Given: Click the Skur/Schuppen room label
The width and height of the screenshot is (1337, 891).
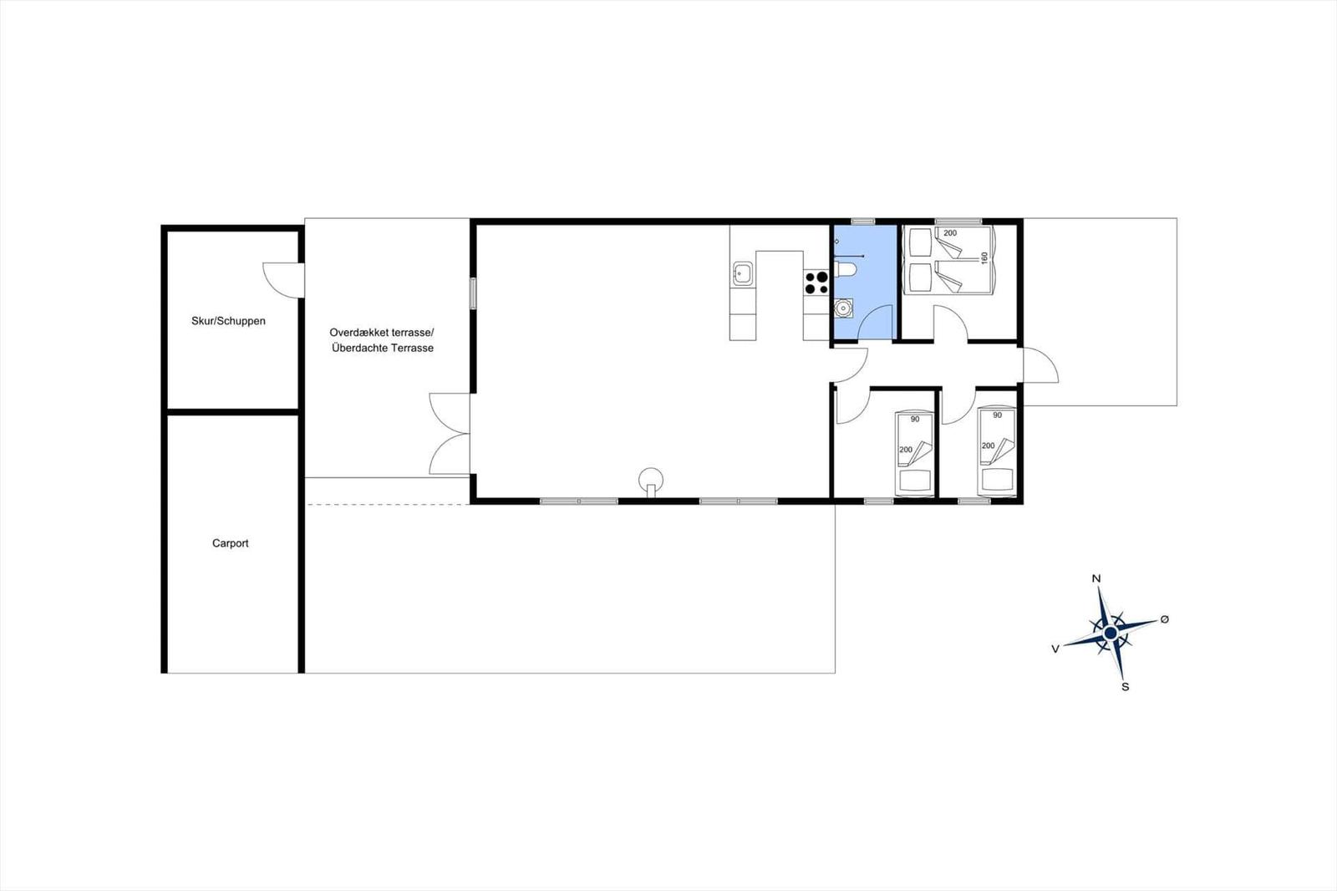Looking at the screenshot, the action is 228,321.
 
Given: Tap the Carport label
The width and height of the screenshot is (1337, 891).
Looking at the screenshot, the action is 230,543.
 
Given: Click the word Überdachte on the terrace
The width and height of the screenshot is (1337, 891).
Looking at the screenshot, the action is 357,349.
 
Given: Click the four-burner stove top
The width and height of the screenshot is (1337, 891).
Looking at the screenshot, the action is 816,283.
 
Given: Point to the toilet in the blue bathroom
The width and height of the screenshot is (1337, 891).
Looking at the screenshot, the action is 845,270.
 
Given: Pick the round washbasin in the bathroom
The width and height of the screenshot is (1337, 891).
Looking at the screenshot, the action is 843,308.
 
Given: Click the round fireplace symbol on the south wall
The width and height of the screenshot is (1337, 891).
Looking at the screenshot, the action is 651,480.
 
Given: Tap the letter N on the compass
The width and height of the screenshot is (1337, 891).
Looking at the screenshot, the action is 1096,578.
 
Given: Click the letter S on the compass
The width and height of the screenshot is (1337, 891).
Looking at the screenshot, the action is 1125,687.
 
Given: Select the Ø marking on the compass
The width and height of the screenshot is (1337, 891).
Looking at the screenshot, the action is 1164,620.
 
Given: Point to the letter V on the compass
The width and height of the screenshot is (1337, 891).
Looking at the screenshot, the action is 1055,649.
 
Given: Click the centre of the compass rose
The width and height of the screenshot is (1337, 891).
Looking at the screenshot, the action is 1111,633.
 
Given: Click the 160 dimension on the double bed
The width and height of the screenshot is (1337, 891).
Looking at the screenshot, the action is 984,258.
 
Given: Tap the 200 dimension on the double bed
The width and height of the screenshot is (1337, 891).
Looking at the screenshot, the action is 950,233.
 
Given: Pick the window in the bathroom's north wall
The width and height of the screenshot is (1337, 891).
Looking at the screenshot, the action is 862,221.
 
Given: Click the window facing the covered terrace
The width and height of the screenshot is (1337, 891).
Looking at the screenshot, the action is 473,293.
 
